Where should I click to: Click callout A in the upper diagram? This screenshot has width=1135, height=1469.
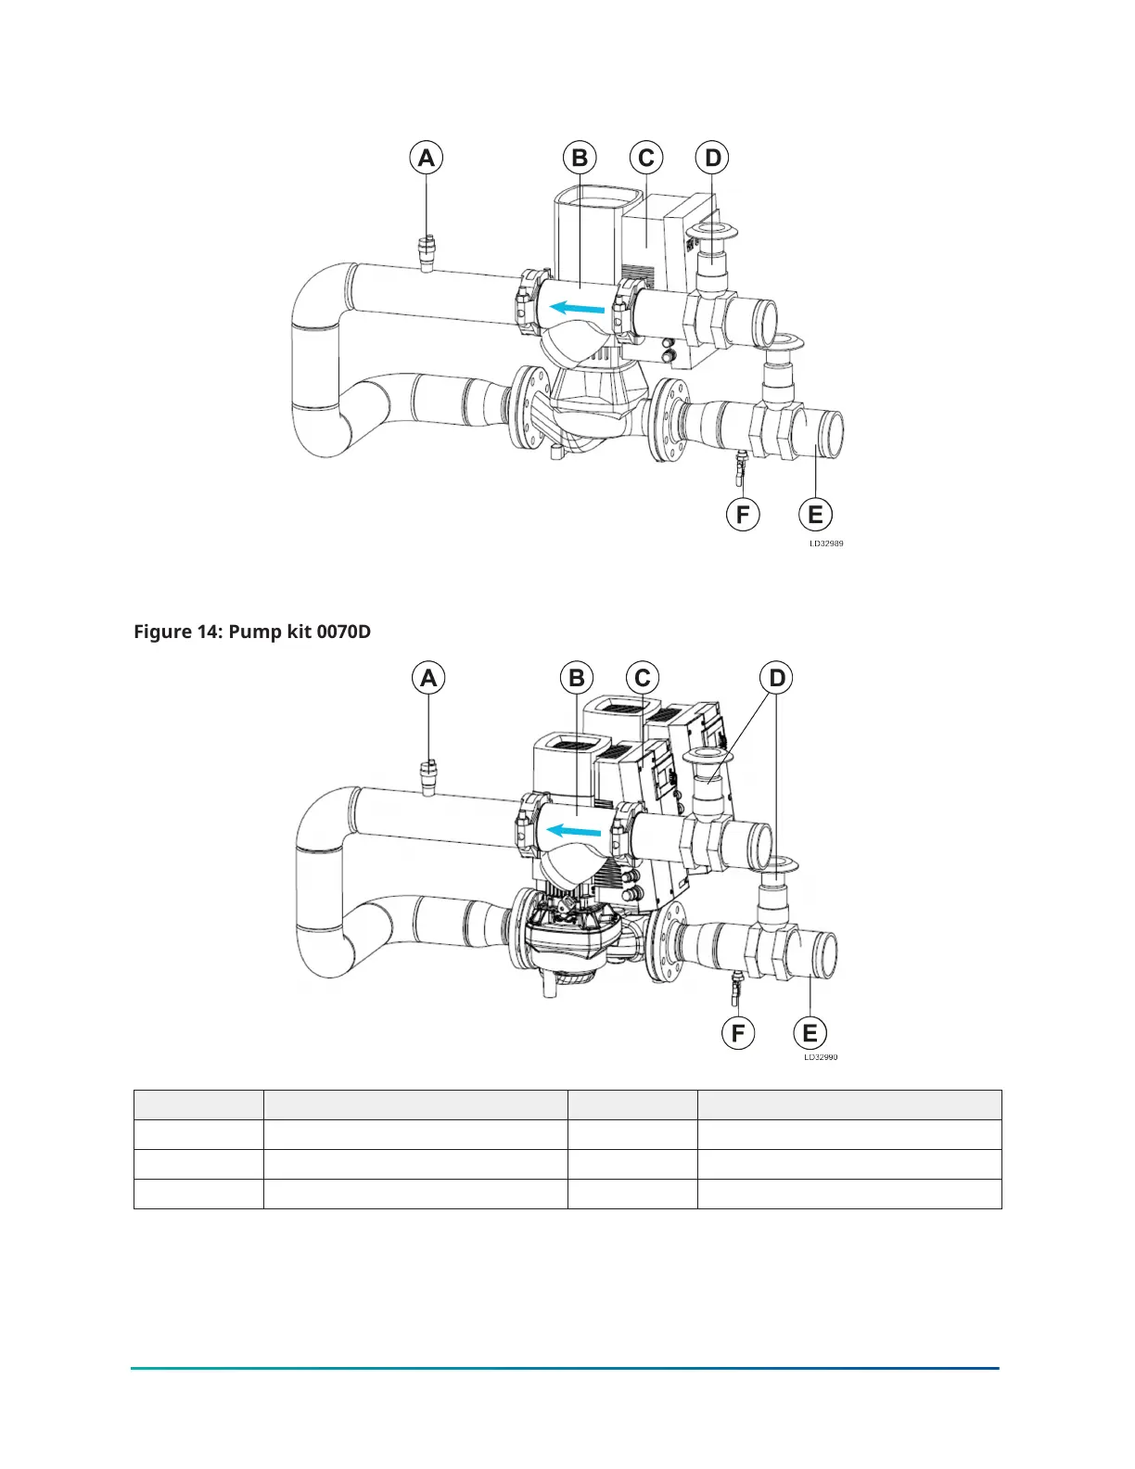tap(427, 159)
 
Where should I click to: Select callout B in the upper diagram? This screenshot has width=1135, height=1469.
tap(580, 159)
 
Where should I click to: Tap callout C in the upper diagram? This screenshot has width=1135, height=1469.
tap(646, 159)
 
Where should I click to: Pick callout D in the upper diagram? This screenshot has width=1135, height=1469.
tap(712, 159)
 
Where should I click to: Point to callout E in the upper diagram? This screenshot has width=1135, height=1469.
tap(816, 515)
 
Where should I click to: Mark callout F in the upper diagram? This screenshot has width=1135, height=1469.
tap(743, 515)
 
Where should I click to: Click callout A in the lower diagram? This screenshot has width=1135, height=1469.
tap(428, 679)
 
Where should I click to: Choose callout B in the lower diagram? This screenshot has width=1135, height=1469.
tap(577, 679)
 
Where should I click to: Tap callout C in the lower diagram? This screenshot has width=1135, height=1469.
tap(643, 679)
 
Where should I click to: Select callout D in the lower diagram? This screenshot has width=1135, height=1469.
tap(777, 679)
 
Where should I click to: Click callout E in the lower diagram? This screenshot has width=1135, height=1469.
tap(810, 1033)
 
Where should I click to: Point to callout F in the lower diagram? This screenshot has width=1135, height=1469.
tap(739, 1033)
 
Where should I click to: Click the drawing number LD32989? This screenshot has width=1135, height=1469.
tap(826, 544)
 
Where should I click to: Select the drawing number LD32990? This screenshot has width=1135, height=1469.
tap(821, 1057)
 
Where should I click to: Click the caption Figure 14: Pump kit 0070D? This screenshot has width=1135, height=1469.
tap(252, 632)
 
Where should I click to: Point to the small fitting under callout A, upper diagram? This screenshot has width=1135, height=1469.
tap(427, 252)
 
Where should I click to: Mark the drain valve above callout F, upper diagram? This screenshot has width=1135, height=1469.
tap(741, 466)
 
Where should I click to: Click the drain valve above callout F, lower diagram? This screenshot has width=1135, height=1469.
tap(737, 987)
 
